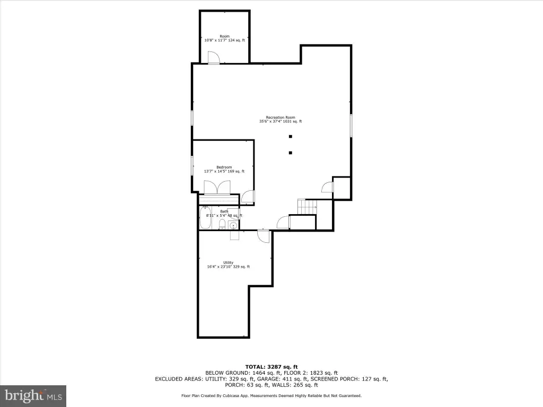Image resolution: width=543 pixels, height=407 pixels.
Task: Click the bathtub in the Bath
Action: [205, 218]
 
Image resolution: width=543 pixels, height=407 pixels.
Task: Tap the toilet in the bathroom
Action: [223, 225]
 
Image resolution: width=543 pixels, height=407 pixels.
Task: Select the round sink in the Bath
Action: [234, 226]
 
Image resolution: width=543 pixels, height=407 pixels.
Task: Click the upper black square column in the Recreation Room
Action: [291, 136]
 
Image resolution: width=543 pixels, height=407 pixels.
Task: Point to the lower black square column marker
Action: [291, 153]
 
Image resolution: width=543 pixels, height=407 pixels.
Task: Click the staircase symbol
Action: [307, 207]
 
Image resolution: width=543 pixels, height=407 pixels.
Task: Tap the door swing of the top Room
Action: [214, 58]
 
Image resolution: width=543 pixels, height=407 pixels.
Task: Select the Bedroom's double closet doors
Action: [217, 188]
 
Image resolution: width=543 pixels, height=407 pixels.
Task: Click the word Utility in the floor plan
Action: [228, 263]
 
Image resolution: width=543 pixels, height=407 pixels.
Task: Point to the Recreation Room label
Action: [281, 117]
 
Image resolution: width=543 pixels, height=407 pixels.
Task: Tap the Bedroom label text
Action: [224, 167]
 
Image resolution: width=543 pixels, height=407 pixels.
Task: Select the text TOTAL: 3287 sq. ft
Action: [271, 367]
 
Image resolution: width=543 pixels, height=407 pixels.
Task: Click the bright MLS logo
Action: [33, 395]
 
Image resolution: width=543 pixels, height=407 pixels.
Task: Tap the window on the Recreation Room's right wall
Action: [351, 125]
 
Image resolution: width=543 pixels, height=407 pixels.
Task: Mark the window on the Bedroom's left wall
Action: [192, 166]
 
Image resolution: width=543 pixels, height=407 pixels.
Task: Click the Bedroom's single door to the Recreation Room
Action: [248, 197]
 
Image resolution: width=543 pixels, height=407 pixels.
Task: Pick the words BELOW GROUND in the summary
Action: [227, 373]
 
